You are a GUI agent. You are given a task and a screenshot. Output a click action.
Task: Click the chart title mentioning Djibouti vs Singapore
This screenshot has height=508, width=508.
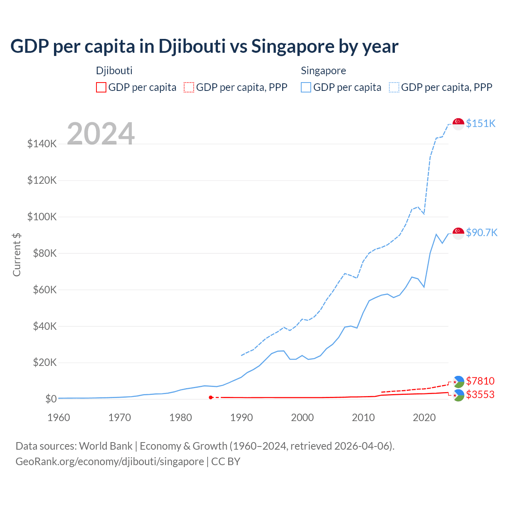pyautogui.click(x=204, y=46)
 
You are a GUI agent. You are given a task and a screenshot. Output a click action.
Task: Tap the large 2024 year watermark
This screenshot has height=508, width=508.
pyautogui.click(x=101, y=134)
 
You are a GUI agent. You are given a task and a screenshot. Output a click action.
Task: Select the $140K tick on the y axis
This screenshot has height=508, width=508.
pyautogui.click(x=42, y=144)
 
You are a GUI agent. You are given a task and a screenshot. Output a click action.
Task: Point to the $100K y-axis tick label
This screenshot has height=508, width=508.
pyautogui.click(x=42, y=217)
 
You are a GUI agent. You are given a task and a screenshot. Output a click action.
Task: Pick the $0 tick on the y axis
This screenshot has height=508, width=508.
pyautogui.click(x=51, y=399)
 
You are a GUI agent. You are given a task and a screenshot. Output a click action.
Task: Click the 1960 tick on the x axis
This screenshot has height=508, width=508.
pyautogui.click(x=59, y=418)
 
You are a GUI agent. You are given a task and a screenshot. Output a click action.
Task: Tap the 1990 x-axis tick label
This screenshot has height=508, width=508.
pyautogui.click(x=241, y=418)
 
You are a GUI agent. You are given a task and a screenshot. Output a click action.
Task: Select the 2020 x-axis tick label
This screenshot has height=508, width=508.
pyautogui.click(x=424, y=418)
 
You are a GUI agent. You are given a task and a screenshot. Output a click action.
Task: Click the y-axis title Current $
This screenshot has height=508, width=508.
pyautogui.click(x=17, y=255)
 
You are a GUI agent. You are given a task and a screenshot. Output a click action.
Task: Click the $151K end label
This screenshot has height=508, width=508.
pyautogui.click(x=481, y=123)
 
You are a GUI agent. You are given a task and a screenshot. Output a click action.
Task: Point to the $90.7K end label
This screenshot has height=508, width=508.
pyautogui.click(x=481, y=233)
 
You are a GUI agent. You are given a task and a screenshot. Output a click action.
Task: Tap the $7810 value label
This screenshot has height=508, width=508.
pyautogui.click(x=480, y=381)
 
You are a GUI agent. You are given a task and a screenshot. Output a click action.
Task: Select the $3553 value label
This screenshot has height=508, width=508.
pyautogui.click(x=480, y=394)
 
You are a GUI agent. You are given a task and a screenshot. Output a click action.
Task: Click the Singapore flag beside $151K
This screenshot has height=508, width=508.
pyautogui.click(x=458, y=124)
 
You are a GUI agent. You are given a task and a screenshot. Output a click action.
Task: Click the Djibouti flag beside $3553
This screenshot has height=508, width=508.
pyautogui.click(x=458, y=395)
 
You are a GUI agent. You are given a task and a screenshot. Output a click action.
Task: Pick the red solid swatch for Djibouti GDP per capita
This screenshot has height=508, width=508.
pyautogui.click(x=101, y=87)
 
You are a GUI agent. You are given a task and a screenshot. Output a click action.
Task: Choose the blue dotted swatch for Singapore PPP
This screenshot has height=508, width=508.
pyautogui.click(x=394, y=87)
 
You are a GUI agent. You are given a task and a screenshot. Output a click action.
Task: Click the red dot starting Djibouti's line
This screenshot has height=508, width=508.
pyautogui.click(x=211, y=397)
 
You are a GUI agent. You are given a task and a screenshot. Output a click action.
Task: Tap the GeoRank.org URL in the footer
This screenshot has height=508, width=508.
pyautogui.click(x=110, y=462)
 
